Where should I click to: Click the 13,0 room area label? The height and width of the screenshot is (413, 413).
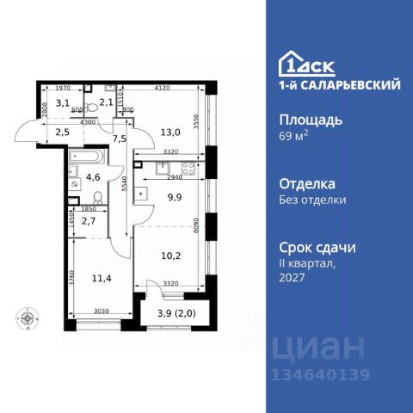tap(170, 132)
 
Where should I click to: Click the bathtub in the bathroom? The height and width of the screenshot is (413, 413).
tap(86, 158)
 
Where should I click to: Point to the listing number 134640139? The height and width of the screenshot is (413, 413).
tap(321, 373)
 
